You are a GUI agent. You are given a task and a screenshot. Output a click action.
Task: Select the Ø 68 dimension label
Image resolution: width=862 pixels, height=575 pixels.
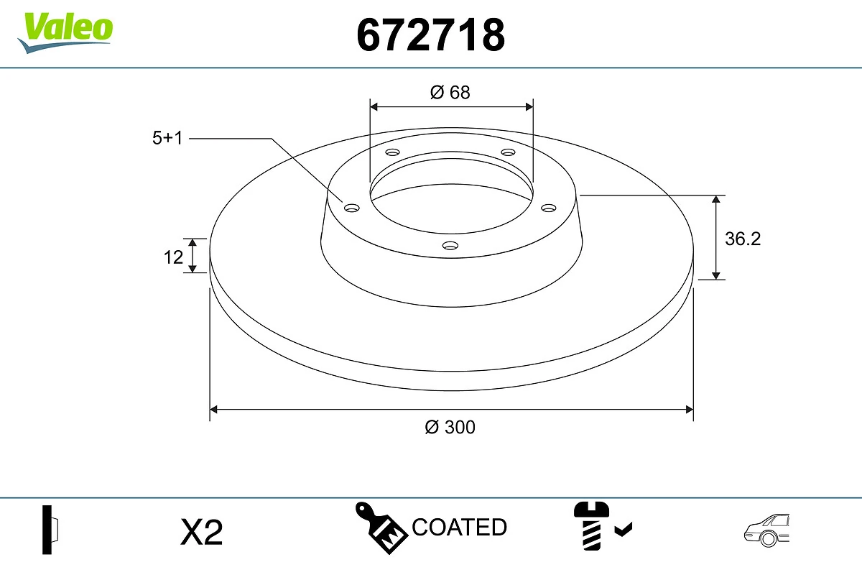(x=450, y=92)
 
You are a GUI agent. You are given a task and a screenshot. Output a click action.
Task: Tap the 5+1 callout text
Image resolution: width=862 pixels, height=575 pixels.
(x=168, y=139)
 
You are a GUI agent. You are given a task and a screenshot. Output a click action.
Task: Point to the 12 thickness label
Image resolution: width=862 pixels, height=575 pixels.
(x=174, y=257)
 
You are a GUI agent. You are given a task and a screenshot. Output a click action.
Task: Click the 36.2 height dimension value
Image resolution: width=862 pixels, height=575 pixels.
(x=742, y=239)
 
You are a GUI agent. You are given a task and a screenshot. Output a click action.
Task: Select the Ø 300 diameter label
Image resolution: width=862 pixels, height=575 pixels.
(x=450, y=427)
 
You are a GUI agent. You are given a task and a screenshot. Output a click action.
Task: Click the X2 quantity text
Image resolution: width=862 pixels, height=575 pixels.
(x=202, y=533)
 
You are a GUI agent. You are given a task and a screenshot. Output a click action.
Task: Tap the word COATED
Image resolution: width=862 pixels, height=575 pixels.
(x=460, y=528)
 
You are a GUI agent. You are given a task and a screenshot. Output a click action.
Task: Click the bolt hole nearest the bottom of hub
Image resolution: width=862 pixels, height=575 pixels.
(x=450, y=246)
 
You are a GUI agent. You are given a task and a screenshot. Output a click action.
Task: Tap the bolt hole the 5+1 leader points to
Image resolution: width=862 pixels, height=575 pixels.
(x=352, y=208)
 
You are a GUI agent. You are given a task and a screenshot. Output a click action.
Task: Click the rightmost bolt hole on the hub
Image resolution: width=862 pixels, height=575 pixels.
(x=549, y=208)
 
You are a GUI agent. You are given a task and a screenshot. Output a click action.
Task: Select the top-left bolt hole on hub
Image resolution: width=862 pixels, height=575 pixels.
(x=392, y=152)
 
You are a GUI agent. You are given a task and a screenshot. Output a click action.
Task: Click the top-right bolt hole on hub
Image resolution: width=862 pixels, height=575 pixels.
(x=509, y=152)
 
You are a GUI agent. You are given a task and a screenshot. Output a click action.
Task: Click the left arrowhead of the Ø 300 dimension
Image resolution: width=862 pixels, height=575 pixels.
(x=213, y=410)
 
